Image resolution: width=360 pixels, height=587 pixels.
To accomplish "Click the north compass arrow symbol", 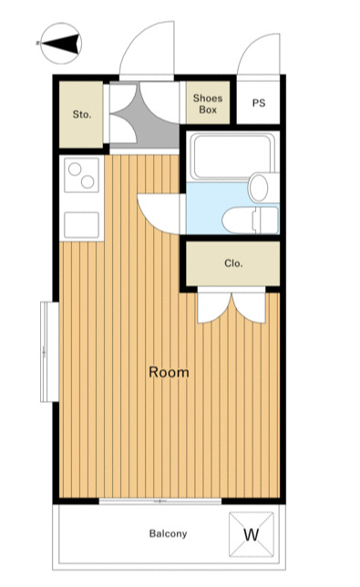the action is [x=61, y=44].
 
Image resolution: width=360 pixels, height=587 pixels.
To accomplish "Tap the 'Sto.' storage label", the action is [x=82, y=114].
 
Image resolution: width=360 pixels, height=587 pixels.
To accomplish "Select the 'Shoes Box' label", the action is [x=208, y=104].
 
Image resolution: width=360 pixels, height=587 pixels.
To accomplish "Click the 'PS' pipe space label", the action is [x=259, y=103].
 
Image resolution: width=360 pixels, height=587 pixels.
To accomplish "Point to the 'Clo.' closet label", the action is [x=233, y=263].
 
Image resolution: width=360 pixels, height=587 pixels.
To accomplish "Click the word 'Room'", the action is [x=169, y=372].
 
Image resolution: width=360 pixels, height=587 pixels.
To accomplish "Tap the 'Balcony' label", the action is [x=168, y=533].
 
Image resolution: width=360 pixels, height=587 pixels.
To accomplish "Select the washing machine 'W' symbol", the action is [x=252, y=534].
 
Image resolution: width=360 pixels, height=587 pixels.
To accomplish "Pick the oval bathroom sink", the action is [x=259, y=188].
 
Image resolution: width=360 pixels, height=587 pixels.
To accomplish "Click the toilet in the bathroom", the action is [x=250, y=221].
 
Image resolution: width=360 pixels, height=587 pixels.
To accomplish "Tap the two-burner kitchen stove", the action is [x=81, y=175].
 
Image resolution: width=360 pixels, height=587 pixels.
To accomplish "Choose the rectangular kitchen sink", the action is [x=81, y=224].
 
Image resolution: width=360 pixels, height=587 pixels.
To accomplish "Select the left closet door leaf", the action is [x=214, y=308].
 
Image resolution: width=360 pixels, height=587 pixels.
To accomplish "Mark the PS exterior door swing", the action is [x=258, y=54].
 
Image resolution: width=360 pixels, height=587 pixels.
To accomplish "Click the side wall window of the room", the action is [x=49, y=352].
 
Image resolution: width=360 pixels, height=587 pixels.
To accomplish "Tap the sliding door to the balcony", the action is [x=160, y=501].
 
